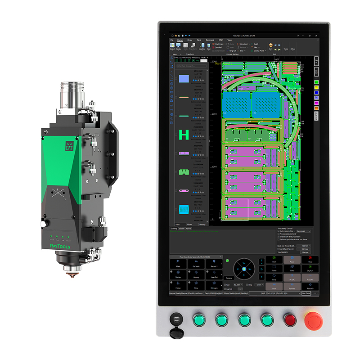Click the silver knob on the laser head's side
pyautogui.click(x=43, y=224)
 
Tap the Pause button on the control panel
pyautogui.click(x=292, y=260)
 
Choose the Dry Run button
pyautogui.click(x=310, y=269)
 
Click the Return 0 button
pyautogui.click(x=310, y=286)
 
